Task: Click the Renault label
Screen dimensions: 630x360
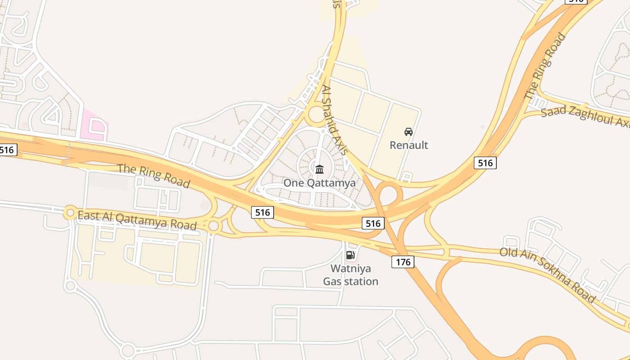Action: (x=409, y=145)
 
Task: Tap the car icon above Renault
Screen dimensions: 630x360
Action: (x=409, y=132)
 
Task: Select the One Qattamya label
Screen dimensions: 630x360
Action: (x=319, y=183)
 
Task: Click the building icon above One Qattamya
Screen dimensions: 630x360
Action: (x=319, y=169)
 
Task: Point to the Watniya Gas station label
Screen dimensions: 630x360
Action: (x=351, y=275)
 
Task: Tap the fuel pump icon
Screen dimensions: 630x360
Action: (x=350, y=255)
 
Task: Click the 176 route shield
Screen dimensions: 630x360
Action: (x=402, y=262)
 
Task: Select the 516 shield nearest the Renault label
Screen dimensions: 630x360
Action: (x=485, y=163)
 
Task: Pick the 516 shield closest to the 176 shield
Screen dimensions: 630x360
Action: (x=373, y=223)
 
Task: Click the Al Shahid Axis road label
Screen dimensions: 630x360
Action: (x=335, y=120)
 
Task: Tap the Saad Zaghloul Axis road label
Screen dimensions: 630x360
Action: (x=585, y=116)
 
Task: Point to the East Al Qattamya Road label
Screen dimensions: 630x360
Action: (x=137, y=220)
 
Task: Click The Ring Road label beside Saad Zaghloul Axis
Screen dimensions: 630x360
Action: (x=545, y=67)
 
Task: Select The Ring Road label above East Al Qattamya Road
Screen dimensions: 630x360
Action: (x=153, y=175)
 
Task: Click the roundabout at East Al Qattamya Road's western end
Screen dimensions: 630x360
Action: (x=70, y=212)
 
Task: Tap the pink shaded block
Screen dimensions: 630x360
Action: (x=94, y=125)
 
